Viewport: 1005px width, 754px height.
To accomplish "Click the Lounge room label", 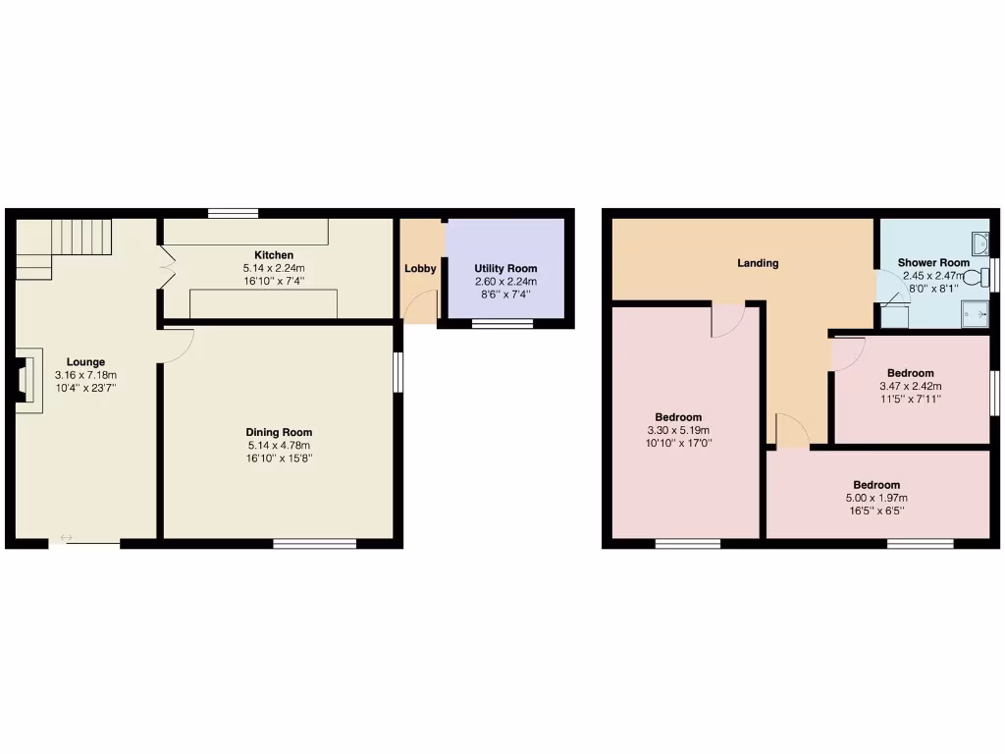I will pos(85,362).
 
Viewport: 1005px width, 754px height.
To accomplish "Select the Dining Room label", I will pos(279,432).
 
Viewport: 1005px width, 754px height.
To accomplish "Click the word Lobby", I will pos(420,268).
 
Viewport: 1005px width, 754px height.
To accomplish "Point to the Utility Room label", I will pos(505,268).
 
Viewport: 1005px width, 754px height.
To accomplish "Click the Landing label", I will pos(758,263).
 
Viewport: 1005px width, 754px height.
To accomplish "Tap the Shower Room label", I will pos(933,263).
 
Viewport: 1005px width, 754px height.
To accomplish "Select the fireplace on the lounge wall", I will pos(26,380).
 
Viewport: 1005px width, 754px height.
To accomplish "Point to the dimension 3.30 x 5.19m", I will pos(679,430).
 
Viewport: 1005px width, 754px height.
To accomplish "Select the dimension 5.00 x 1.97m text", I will pos(875,498).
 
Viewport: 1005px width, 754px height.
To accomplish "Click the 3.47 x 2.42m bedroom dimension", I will pos(910,386).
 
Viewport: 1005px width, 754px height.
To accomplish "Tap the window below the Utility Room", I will pos(502,323).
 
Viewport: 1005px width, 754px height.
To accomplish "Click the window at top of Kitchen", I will pos(234,213).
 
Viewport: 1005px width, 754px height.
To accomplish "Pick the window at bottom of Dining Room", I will pos(314,543).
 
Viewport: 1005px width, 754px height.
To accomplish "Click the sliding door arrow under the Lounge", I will pos(67,537).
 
